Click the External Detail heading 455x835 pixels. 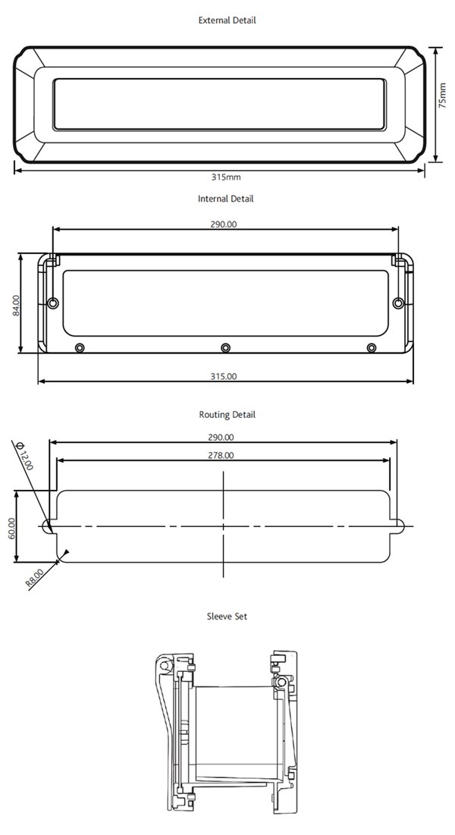point(227,20)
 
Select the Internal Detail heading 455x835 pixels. point(226,199)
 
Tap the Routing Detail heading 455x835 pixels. point(227,415)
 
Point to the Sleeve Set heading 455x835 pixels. point(227,617)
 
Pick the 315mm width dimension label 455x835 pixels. point(226,177)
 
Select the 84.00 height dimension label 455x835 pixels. point(16,306)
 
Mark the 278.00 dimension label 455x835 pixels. point(222,455)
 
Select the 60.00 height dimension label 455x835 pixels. point(11,528)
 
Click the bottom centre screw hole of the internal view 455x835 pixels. point(225,347)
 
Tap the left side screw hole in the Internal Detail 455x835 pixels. point(52,303)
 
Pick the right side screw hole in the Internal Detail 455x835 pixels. point(398,303)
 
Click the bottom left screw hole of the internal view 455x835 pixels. point(80,347)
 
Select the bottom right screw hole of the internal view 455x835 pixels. point(371,347)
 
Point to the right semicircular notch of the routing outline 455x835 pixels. point(402,526)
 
